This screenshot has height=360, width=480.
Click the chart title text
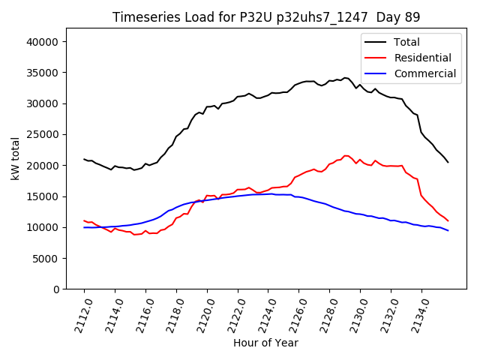point(266,17)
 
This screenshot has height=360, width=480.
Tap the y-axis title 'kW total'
point(16,158)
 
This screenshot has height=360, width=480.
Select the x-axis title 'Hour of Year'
point(265,343)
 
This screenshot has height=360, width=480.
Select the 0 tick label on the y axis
point(56,289)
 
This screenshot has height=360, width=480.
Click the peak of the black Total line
point(345,77)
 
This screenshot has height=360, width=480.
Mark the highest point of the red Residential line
point(345,156)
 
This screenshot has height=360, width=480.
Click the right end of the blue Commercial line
point(448,230)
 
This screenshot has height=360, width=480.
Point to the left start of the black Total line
point(84,159)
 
